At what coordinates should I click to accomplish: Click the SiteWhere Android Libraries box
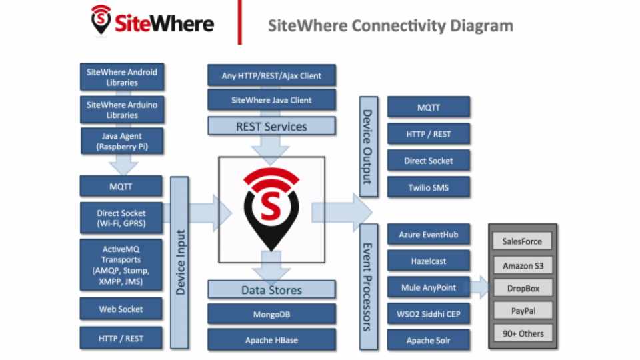click(x=121, y=77)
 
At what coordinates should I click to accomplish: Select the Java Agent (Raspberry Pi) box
click(x=121, y=141)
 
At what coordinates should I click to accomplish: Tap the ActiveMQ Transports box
click(x=121, y=265)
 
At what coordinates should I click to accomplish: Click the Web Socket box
click(x=121, y=309)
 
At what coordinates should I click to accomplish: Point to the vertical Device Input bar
click(x=180, y=263)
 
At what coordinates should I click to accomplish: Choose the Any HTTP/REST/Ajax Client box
click(x=271, y=76)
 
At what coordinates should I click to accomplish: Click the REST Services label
click(x=271, y=126)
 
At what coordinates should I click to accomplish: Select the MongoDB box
click(x=271, y=314)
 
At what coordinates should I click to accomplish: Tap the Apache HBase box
click(x=271, y=340)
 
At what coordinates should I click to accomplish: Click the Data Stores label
click(x=271, y=290)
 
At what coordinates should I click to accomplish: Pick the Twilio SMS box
click(x=429, y=187)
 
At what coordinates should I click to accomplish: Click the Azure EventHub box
click(x=429, y=235)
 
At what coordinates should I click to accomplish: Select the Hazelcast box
click(x=429, y=261)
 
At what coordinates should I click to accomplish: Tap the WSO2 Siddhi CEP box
click(x=429, y=314)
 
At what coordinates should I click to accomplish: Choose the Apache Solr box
click(x=429, y=340)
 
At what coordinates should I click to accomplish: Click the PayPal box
click(x=523, y=311)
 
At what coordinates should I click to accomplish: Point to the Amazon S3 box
click(x=523, y=265)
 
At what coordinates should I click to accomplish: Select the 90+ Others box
click(x=523, y=333)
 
